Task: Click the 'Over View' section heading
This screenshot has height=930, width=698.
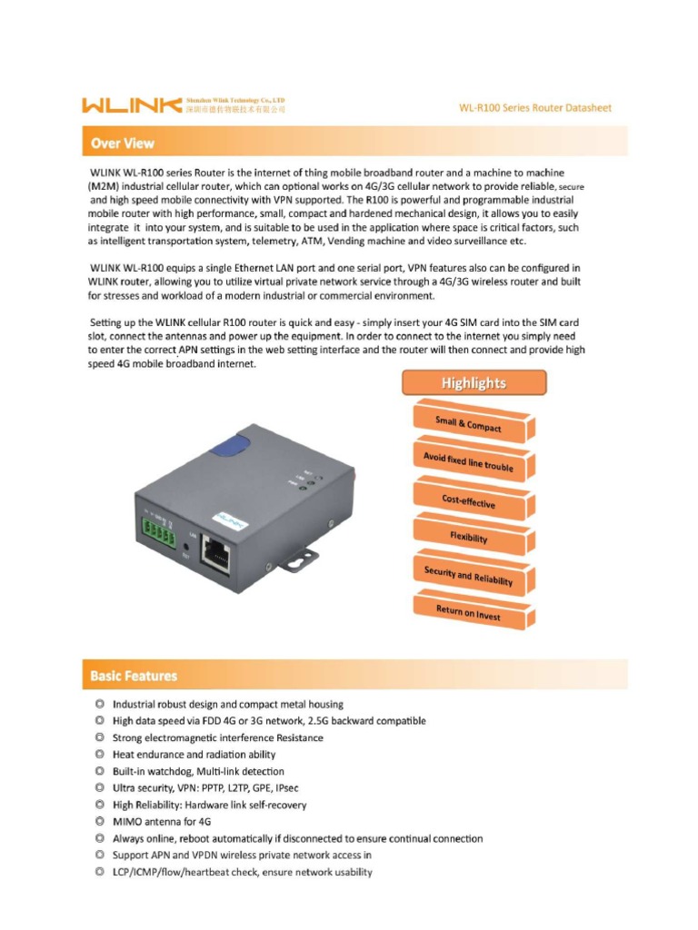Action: pos(123,143)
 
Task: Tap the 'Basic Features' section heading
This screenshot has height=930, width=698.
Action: pos(134,676)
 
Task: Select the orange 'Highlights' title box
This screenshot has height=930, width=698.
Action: pos(474,383)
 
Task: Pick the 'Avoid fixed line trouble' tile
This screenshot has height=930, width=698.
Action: pos(468,461)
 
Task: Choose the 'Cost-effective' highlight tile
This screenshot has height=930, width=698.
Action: pos(468,499)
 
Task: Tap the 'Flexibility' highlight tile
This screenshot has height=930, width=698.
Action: pos(468,536)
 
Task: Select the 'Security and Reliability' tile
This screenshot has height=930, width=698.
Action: pos(468,575)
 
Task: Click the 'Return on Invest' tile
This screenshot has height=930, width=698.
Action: pos(468,612)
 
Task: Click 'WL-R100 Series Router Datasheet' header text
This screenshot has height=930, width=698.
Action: pos(535,107)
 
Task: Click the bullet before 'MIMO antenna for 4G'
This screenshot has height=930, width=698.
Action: pos(98,822)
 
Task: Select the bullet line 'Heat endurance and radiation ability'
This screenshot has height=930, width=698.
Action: pos(194,755)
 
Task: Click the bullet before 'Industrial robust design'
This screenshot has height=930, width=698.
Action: pos(98,704)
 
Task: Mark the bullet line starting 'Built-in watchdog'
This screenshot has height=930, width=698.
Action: pos(198,772)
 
